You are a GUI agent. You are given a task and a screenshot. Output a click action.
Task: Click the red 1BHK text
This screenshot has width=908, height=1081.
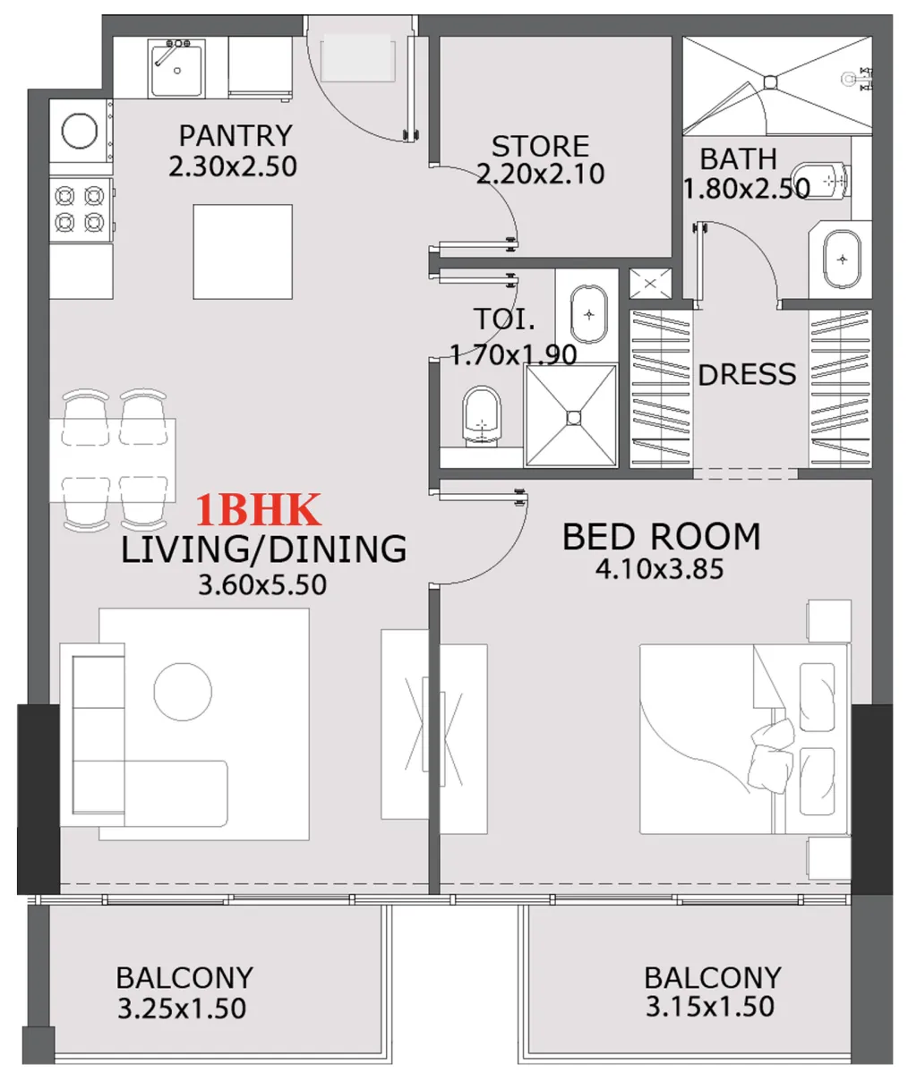[258, 510]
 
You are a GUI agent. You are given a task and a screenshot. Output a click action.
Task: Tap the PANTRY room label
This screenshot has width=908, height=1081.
[235, 136]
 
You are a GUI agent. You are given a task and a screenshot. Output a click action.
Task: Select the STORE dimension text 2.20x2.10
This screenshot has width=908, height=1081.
[540, 174]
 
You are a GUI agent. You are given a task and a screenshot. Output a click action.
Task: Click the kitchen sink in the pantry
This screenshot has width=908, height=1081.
[176, 68]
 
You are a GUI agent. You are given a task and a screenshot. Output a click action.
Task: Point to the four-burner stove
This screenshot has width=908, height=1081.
[80, 209]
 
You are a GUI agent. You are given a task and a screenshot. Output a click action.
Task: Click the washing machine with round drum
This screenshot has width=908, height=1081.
[80, 132]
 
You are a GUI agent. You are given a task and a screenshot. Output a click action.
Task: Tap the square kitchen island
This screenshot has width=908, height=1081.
[243, 251]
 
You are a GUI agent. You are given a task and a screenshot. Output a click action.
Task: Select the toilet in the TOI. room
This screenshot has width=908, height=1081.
[482, 416]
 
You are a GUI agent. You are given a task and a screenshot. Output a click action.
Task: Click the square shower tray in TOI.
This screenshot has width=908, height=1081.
[571, 415]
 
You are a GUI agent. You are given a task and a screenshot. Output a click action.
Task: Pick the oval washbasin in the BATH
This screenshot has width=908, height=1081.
[842, 260]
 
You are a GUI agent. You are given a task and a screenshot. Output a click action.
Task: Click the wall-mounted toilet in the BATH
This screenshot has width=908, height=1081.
[822, 182]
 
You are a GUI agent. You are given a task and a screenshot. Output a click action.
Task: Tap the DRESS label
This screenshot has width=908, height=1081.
[747, 374]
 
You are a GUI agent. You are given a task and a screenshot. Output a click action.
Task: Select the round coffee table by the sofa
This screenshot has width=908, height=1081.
[183, 692]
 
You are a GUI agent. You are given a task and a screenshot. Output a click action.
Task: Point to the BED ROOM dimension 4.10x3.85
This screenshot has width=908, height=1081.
[659, 569]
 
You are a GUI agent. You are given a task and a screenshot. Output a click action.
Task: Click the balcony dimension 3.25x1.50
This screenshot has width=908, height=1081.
[182, 1009]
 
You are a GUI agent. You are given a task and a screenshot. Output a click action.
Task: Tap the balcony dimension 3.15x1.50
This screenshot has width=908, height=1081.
[710, 1006]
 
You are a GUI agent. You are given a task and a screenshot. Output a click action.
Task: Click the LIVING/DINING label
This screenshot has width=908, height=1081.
[263, 549]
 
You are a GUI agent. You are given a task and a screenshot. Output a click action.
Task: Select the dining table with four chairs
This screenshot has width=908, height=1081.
[113, 460]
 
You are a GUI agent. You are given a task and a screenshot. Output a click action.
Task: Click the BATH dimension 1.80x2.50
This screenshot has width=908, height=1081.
[746, 189]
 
